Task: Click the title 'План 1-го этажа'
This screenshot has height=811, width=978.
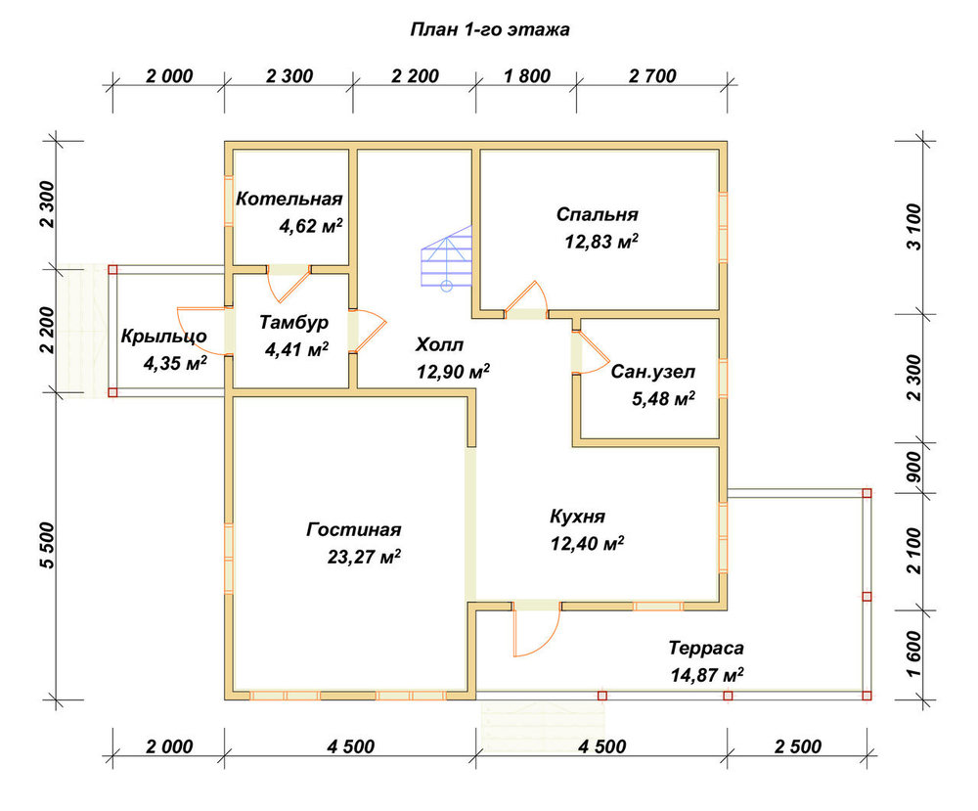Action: point(490,30)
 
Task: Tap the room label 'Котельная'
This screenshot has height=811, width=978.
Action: point(289,199)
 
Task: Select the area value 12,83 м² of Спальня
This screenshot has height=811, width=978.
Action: point(601,241)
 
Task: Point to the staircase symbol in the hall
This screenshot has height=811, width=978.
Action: point(447,256)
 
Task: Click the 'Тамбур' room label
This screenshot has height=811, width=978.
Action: point(293,323)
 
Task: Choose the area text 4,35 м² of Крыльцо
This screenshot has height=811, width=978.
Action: point(175,362)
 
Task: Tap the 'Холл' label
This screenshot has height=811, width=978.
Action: point(440,344)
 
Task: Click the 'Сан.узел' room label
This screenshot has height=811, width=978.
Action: point(653,372)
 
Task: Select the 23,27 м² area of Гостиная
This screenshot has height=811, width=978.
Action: point(364,556)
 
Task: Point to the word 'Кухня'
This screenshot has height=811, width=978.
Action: point(578,517)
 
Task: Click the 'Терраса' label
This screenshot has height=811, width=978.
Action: point(706,649)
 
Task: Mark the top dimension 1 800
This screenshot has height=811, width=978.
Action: point(527,76)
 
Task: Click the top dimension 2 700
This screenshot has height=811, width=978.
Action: point(652,76)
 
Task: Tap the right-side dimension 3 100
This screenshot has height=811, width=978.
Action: point(913,227)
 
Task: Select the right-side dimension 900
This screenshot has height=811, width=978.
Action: point(913,468)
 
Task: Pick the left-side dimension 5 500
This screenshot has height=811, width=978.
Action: point(47,545)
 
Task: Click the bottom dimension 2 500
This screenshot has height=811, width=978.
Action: point(798,746)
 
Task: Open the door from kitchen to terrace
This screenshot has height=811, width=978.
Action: point(536,631)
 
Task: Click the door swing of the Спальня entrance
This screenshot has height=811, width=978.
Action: point(526,299)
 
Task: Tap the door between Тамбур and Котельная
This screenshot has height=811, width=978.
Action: point(289,284)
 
